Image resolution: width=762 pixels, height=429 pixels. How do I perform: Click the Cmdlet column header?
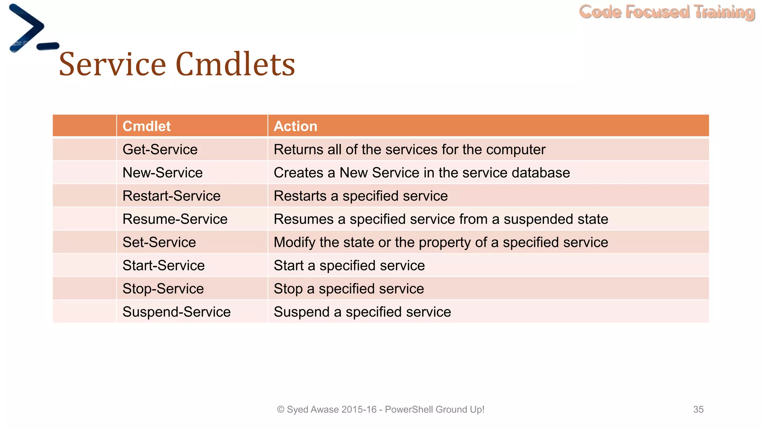coord(147,126)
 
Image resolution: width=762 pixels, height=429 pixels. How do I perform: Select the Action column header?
coord(295,126)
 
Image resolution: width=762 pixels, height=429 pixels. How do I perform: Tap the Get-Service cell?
coord(160,150)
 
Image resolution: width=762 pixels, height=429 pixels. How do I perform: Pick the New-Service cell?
coord(163,173)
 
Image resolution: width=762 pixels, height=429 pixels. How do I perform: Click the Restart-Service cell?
coord(172,196)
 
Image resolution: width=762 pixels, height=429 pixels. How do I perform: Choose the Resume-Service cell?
coord(175,219)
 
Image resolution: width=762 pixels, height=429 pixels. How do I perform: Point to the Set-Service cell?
coord(159,242)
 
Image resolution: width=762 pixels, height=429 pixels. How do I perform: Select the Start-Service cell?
coord(164,266)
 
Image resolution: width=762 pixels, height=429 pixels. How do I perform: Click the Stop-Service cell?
coord(163,289)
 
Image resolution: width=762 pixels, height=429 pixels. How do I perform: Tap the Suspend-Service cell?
coord(176,312)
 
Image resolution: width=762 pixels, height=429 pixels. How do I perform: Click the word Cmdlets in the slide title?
coord(235,64)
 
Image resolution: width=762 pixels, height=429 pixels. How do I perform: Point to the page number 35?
coord(698,410)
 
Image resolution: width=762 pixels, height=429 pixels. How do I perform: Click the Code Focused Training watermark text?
coord(667,12)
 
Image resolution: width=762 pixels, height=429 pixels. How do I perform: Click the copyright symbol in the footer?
coord(281,410)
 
